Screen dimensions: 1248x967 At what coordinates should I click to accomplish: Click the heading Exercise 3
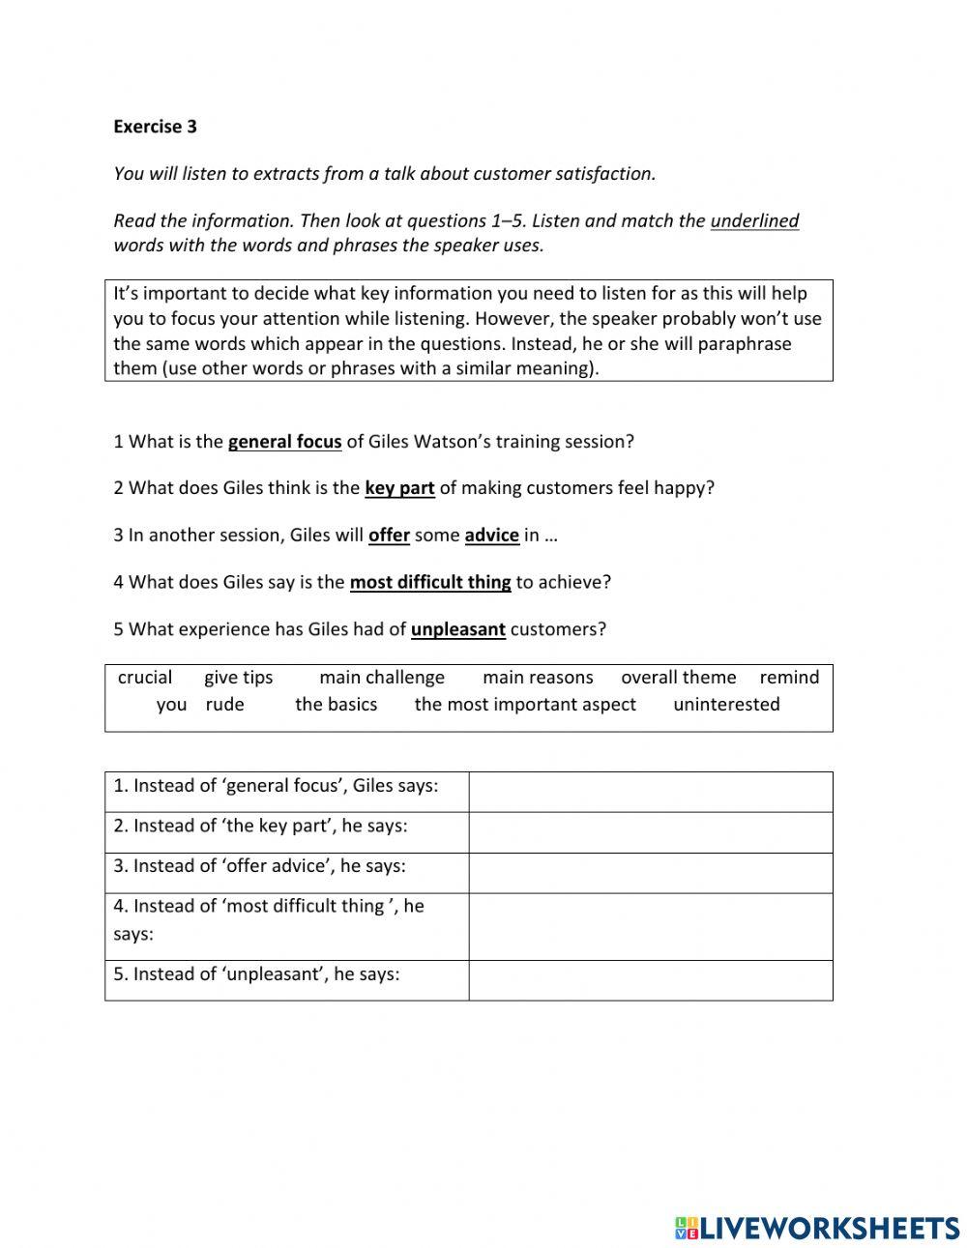tap(155, 126)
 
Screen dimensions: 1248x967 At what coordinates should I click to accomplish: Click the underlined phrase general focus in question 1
tap(284, 442)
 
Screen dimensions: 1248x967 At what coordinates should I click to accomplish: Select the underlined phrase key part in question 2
tap(398, 488)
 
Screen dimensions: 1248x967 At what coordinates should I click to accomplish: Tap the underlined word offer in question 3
tap(389, 536)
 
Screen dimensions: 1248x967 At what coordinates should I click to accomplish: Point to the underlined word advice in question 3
tap(491, 536)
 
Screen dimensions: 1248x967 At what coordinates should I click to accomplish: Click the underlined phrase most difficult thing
tap(429, 582)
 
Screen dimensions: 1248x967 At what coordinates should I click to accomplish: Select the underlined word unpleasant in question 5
tap(457, 629)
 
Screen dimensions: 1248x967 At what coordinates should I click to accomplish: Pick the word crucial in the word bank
tap(145, 678)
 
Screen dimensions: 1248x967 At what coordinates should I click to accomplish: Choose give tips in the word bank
tap(239, 678)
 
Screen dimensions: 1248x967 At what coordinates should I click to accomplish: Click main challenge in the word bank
tap(382, 678)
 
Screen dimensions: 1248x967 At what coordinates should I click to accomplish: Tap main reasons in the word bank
tap(538, 678)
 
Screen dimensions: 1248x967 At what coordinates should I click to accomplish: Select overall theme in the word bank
tap(678, 678)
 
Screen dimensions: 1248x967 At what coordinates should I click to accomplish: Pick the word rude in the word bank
tap(224, 705)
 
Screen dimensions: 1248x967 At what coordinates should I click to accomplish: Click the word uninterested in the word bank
tap(726, 705)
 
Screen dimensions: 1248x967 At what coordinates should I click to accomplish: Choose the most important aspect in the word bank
tap(525, 705)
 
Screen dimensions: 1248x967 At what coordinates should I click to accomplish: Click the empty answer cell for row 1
tap(650, 792)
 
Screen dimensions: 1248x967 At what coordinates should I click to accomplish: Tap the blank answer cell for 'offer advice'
tap(650, 872)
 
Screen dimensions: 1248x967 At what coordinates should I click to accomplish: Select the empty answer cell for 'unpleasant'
tap(650, 980)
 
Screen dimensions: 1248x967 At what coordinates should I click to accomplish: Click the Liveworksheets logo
tap(816, 1228)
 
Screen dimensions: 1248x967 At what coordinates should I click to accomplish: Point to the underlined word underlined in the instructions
tap(754, 221)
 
